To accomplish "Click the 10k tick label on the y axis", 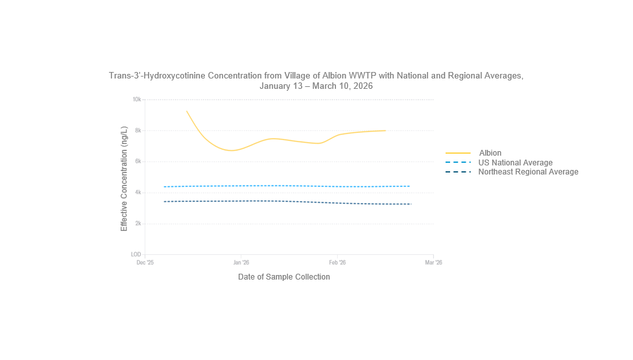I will (137, 99).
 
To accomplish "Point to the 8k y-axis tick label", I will (137, 130).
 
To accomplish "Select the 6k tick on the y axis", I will (137, 162).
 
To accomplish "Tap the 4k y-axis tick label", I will (137, 193).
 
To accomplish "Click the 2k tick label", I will (137, 224).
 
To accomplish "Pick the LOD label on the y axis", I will (136, 254).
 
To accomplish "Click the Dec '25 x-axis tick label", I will (145, 263).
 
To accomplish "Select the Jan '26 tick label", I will (241, 263).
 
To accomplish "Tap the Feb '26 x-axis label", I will (337, 263).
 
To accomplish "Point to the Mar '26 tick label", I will (433, 263).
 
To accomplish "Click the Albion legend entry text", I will (490, 153).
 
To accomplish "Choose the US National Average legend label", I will (515, 162).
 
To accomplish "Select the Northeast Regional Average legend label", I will (528, 172).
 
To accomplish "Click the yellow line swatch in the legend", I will (458, 153).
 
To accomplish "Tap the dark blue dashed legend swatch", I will (458, 172).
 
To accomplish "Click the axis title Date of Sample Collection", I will (284, 277).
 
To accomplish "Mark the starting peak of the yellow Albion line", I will (187, 111).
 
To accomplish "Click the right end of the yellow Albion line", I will (385, 130).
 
